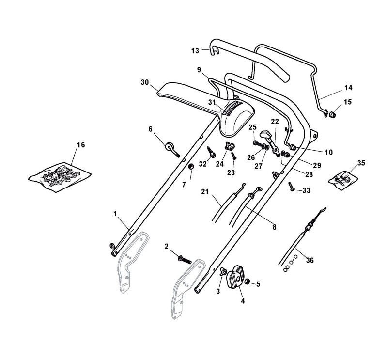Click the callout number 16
click(x=81, y=145)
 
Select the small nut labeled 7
click(x=191, y=167)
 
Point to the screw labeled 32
click(x=211, y=152)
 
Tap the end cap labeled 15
click(x=333, y=115)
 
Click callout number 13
click(x=195, y=50)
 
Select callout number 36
click(x=310, y=261)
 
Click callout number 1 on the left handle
click(x=115, y=213)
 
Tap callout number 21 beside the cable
click(x=204, y=192)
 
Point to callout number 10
click(x=328, y=152)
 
